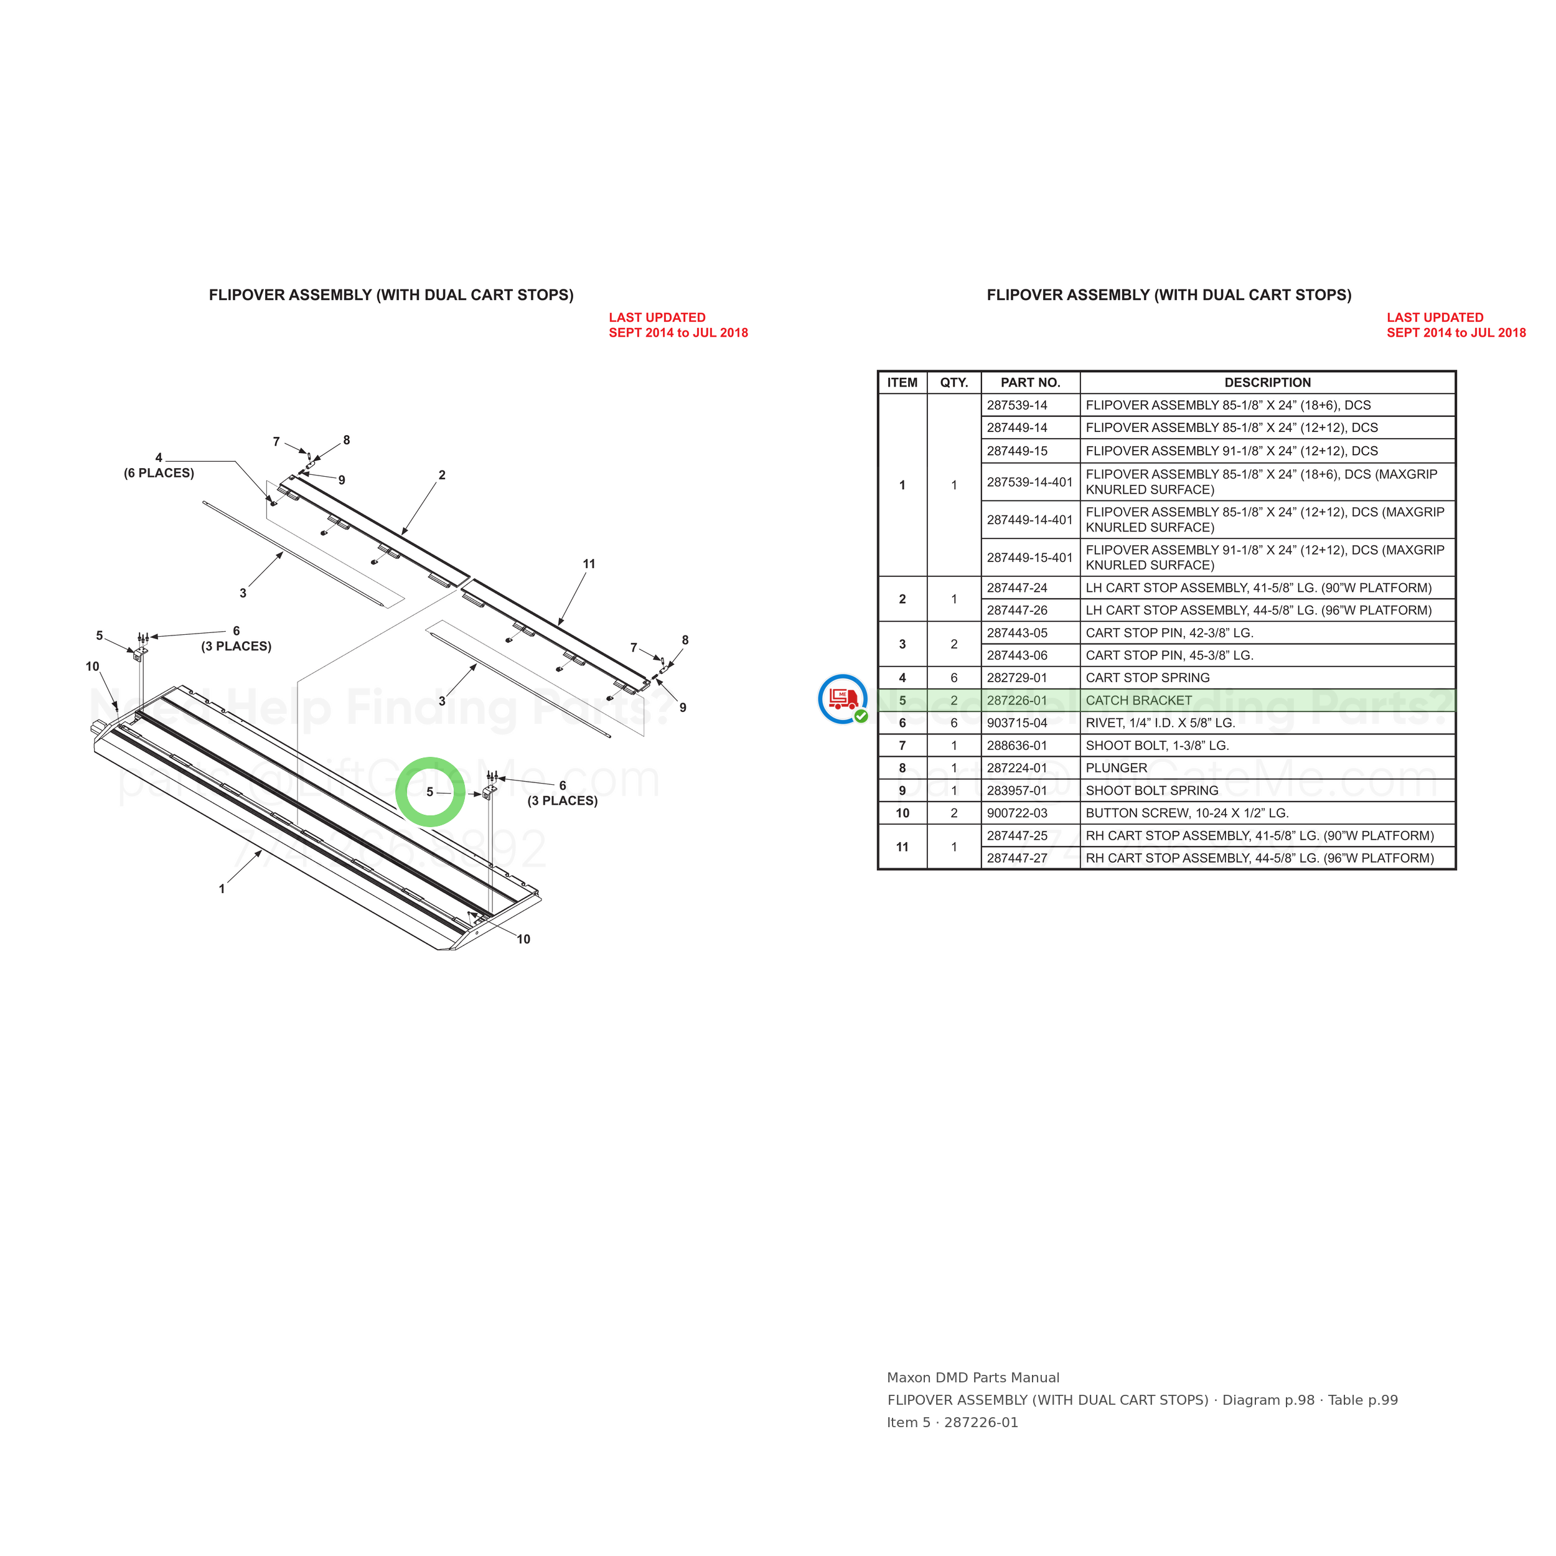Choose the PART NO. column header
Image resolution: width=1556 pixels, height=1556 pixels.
pos(1030,383)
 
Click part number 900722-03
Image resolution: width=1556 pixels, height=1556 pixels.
pos(1017,813)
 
